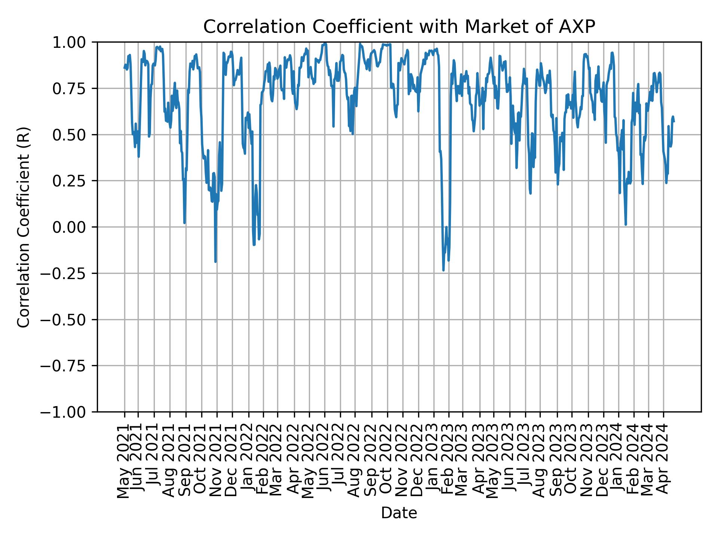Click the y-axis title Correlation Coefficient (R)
(x=23, y=227)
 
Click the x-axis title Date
(x=399, y=513)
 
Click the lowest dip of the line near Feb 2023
(x=443, y=270)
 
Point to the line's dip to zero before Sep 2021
(x=184, y=223)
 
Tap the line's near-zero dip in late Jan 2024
(x=626, y=225)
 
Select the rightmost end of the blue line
(x=674, y=122)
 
